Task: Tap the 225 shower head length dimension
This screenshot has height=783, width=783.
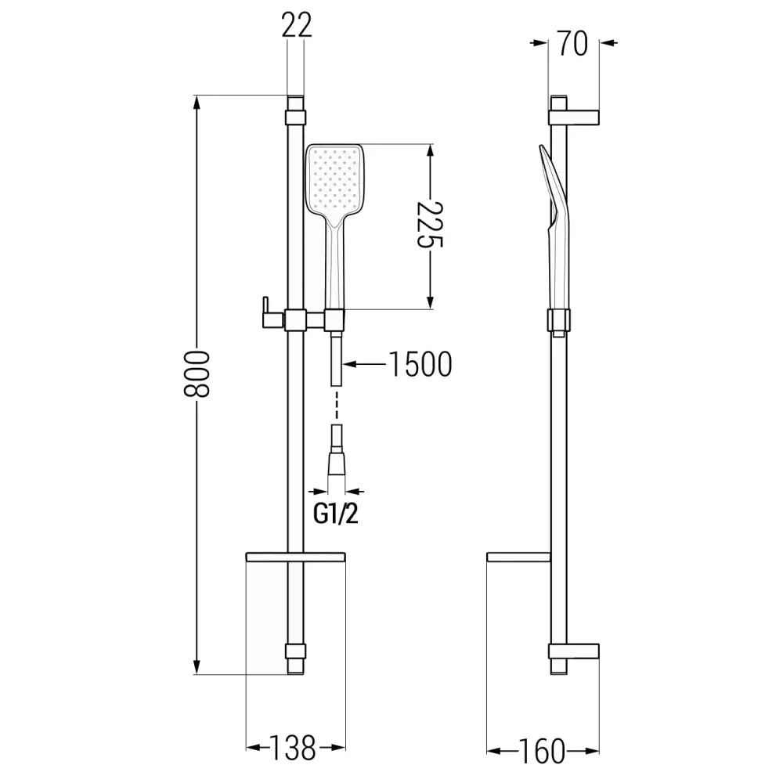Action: pyautogui.click(x=429, y=226)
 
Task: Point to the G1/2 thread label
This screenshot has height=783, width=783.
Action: pyautogui.click(x=335, y=514)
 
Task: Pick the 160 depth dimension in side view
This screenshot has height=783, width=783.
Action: pyautogui.click(x=541, y=750)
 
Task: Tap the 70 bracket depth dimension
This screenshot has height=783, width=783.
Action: pyautogui.click(x=573, y=44)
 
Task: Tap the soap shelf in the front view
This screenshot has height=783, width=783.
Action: pyautogui.click(x=295, y=557)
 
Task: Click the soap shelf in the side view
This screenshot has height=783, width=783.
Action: pyautogui.click(x=518, y=557)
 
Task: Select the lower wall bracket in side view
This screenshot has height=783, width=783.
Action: pyautogui.click(x=576, y=651)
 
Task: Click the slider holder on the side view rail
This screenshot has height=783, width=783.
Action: pyautogui.click(x=559, y=321)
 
